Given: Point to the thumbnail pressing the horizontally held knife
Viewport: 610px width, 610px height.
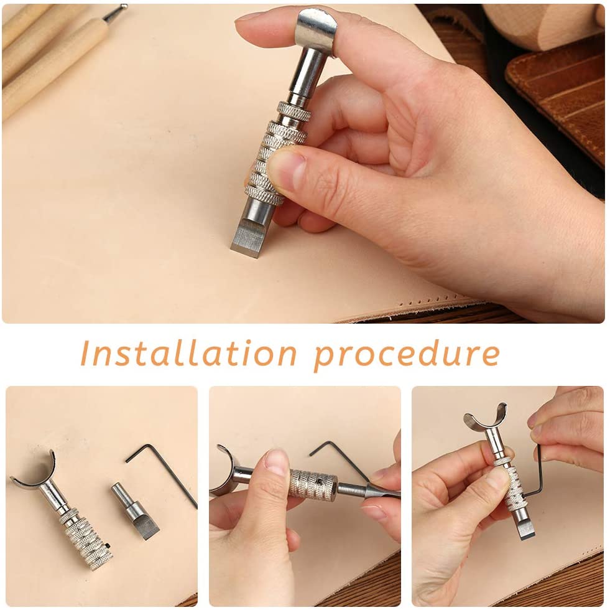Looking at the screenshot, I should [x=277, y=464].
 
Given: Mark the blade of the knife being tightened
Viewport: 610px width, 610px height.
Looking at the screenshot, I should [x=526, y=528].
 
